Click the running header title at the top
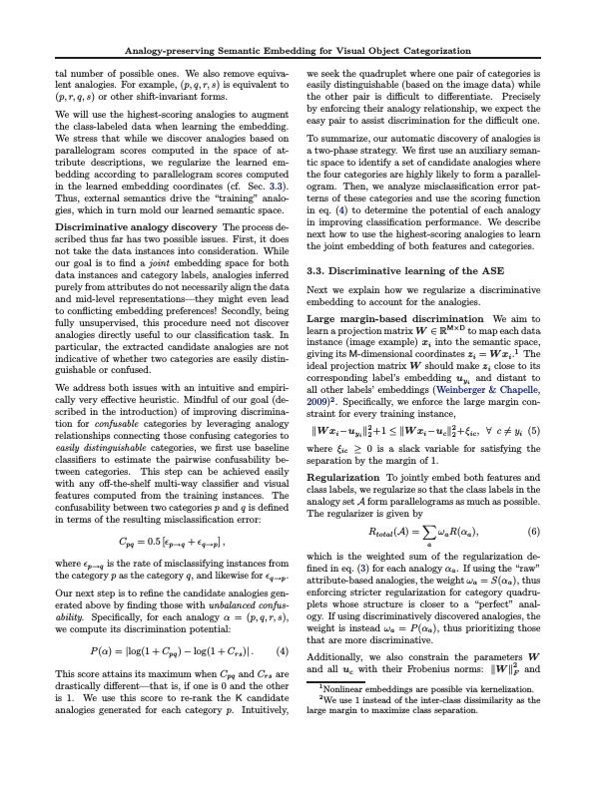[305, 50]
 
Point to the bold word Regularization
[344, 479]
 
